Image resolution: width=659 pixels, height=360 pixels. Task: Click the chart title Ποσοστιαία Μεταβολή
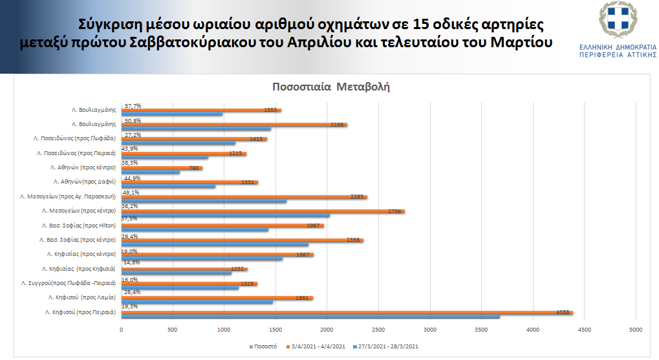(x=330, y=87)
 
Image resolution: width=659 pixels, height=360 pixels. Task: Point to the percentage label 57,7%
(x=133, y=106)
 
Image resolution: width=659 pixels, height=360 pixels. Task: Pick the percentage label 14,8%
(x=133, y=262)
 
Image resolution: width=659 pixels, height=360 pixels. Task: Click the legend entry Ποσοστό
(x=265, y=346)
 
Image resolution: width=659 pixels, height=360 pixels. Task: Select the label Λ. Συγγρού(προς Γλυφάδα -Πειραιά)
(x=69, y=283)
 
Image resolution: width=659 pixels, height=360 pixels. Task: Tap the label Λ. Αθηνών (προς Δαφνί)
(x=80, y=182)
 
